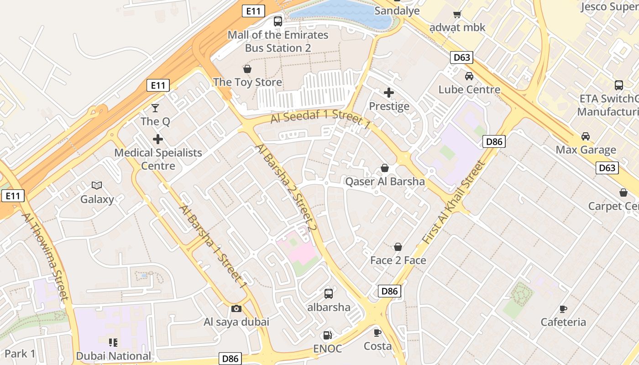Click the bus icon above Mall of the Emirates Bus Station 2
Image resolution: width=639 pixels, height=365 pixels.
click(x=278, y=21)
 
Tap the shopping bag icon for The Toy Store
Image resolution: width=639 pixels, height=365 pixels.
click(x=247, y=69)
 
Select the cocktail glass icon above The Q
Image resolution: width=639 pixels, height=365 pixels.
click(x=155, y=108)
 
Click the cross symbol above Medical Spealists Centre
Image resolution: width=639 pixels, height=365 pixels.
click(x=158, y=139)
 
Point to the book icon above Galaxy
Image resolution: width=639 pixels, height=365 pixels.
click(x=97, y=185)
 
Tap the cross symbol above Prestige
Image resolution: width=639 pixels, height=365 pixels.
click(x=389, y=93)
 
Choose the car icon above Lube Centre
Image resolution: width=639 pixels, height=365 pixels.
click(x=469, y=76)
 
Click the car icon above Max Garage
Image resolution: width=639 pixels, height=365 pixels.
click(x=585, y=136)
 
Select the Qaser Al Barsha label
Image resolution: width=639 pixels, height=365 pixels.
click(x=385, y=182)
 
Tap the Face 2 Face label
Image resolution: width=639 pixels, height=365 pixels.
click(x=398, y=261)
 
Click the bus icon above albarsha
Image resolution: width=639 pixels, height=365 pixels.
click(x=329, y=294)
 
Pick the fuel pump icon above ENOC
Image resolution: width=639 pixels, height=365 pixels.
click(x=327, y=335)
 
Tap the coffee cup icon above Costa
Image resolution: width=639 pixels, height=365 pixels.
click(x=377, y=333)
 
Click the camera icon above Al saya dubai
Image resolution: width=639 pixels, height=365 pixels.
click(x=236, y=309)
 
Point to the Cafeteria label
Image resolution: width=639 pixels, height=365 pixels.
click(x=563, y=322)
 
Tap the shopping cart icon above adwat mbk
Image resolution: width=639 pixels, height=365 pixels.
click(x=457, y=15)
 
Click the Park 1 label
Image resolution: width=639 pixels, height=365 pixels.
click(x=20, y=354)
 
